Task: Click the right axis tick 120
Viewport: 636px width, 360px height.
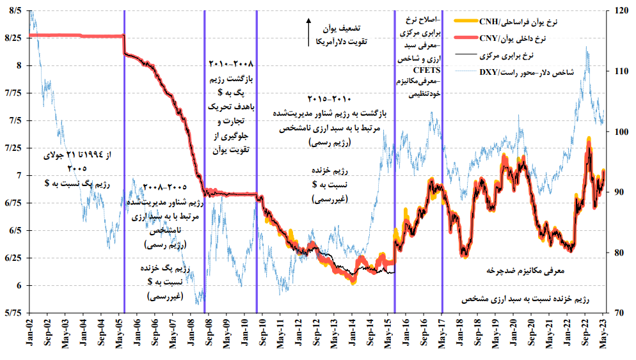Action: coord(621,11)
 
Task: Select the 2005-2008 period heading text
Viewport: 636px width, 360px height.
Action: coord(164,187)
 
